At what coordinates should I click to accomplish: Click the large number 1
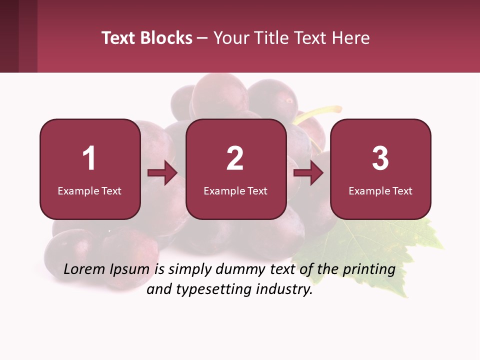coord(89,158)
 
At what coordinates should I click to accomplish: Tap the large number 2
coord(235,158)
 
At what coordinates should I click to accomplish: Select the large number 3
coord(380,158)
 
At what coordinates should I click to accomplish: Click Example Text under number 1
coord(89,191)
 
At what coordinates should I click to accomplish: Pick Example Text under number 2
coord(235,191)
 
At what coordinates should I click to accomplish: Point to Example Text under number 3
coord(380,191)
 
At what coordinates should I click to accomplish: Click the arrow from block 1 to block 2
coord(162,173)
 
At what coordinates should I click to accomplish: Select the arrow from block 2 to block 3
coord(308,173)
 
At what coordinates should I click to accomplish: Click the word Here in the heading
coord(350,38)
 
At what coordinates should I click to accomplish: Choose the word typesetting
coord(215,290)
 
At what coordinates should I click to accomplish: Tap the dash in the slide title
coord(203,38)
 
